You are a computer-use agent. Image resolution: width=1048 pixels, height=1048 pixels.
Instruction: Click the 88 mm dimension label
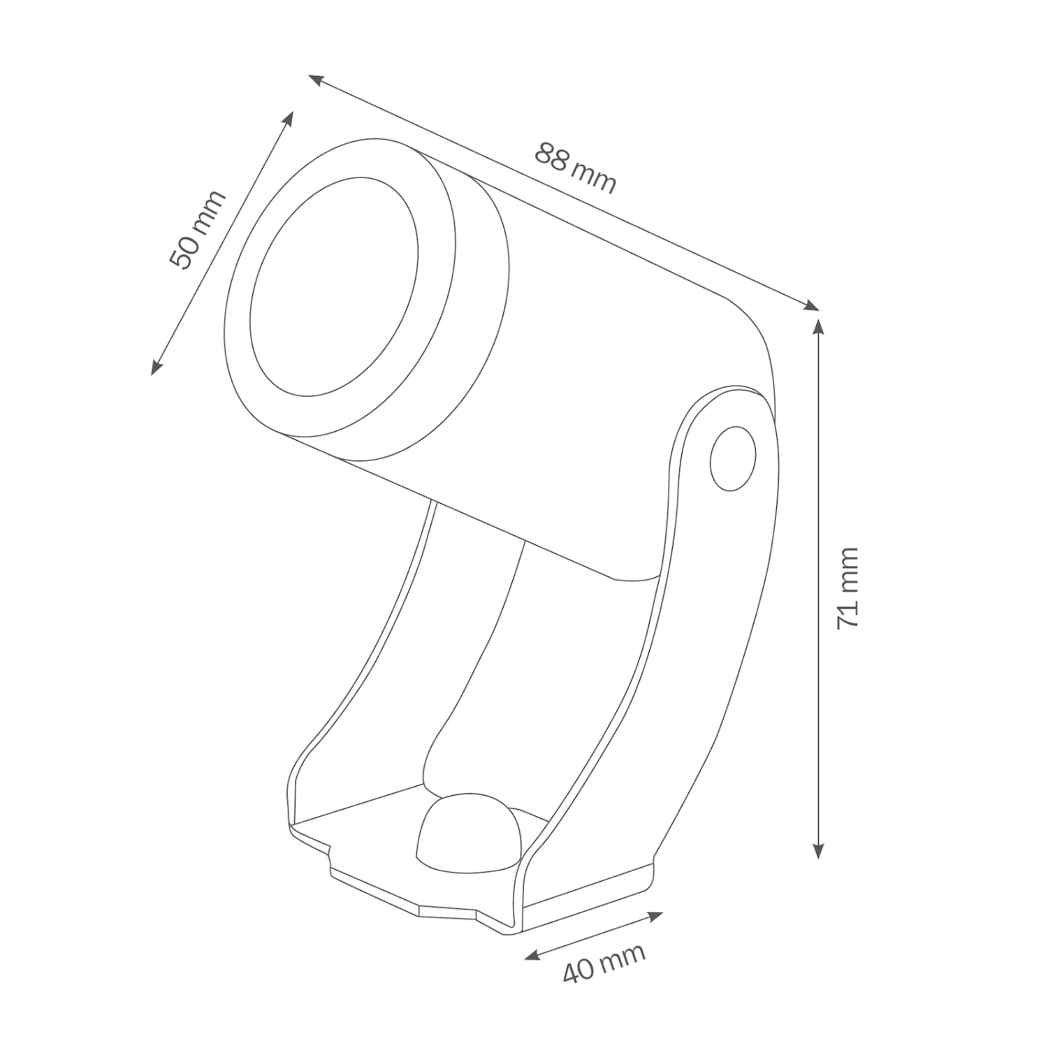[x=576, y=168]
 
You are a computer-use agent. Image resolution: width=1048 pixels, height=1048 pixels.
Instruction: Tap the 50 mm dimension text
[x=198, y=229]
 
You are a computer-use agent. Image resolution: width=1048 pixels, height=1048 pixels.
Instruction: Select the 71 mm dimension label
[x=847, y=588]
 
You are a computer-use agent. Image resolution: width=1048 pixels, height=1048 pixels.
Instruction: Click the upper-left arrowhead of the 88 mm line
[x=315, y=79]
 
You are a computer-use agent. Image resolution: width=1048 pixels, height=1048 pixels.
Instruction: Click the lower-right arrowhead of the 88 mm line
[x=813, y=305]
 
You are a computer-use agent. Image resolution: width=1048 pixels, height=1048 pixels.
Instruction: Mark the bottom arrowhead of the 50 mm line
[x=156, y=367]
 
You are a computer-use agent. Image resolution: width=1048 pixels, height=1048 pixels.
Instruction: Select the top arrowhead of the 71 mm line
[x=818, y=326]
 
